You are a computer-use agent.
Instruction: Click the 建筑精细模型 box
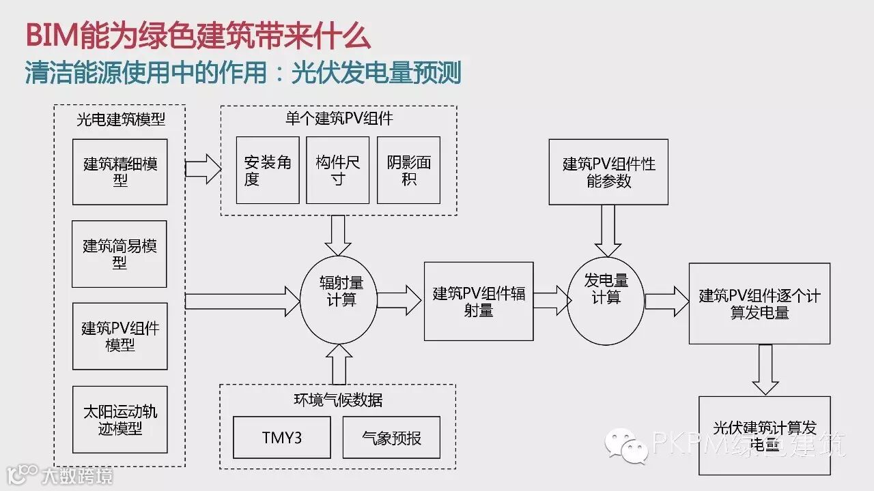[x=120, y=172]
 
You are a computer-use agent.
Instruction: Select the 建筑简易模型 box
[x=119, y=254]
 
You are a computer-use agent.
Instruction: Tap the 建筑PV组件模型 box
[x=119, y=336]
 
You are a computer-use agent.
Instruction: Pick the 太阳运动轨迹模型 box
[x=119, y=419]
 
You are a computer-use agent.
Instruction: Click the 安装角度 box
[x=268, y=170]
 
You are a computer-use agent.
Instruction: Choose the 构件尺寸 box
[x=338, y=170]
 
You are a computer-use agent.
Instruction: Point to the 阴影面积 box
[x=408, y=170]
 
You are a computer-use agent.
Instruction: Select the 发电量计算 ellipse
[x=606, y=298]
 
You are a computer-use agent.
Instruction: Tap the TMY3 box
[x=281, y=437]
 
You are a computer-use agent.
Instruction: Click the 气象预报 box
[x=391, y=437]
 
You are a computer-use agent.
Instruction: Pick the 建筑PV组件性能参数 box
[x=608, y=172]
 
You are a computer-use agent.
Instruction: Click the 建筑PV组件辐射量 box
[x=479, y=301]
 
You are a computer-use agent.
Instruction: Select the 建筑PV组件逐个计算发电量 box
[x=759, y=303]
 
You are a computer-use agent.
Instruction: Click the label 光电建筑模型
[x=120, y=119]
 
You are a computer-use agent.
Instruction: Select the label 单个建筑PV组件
[x=339, y=118]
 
